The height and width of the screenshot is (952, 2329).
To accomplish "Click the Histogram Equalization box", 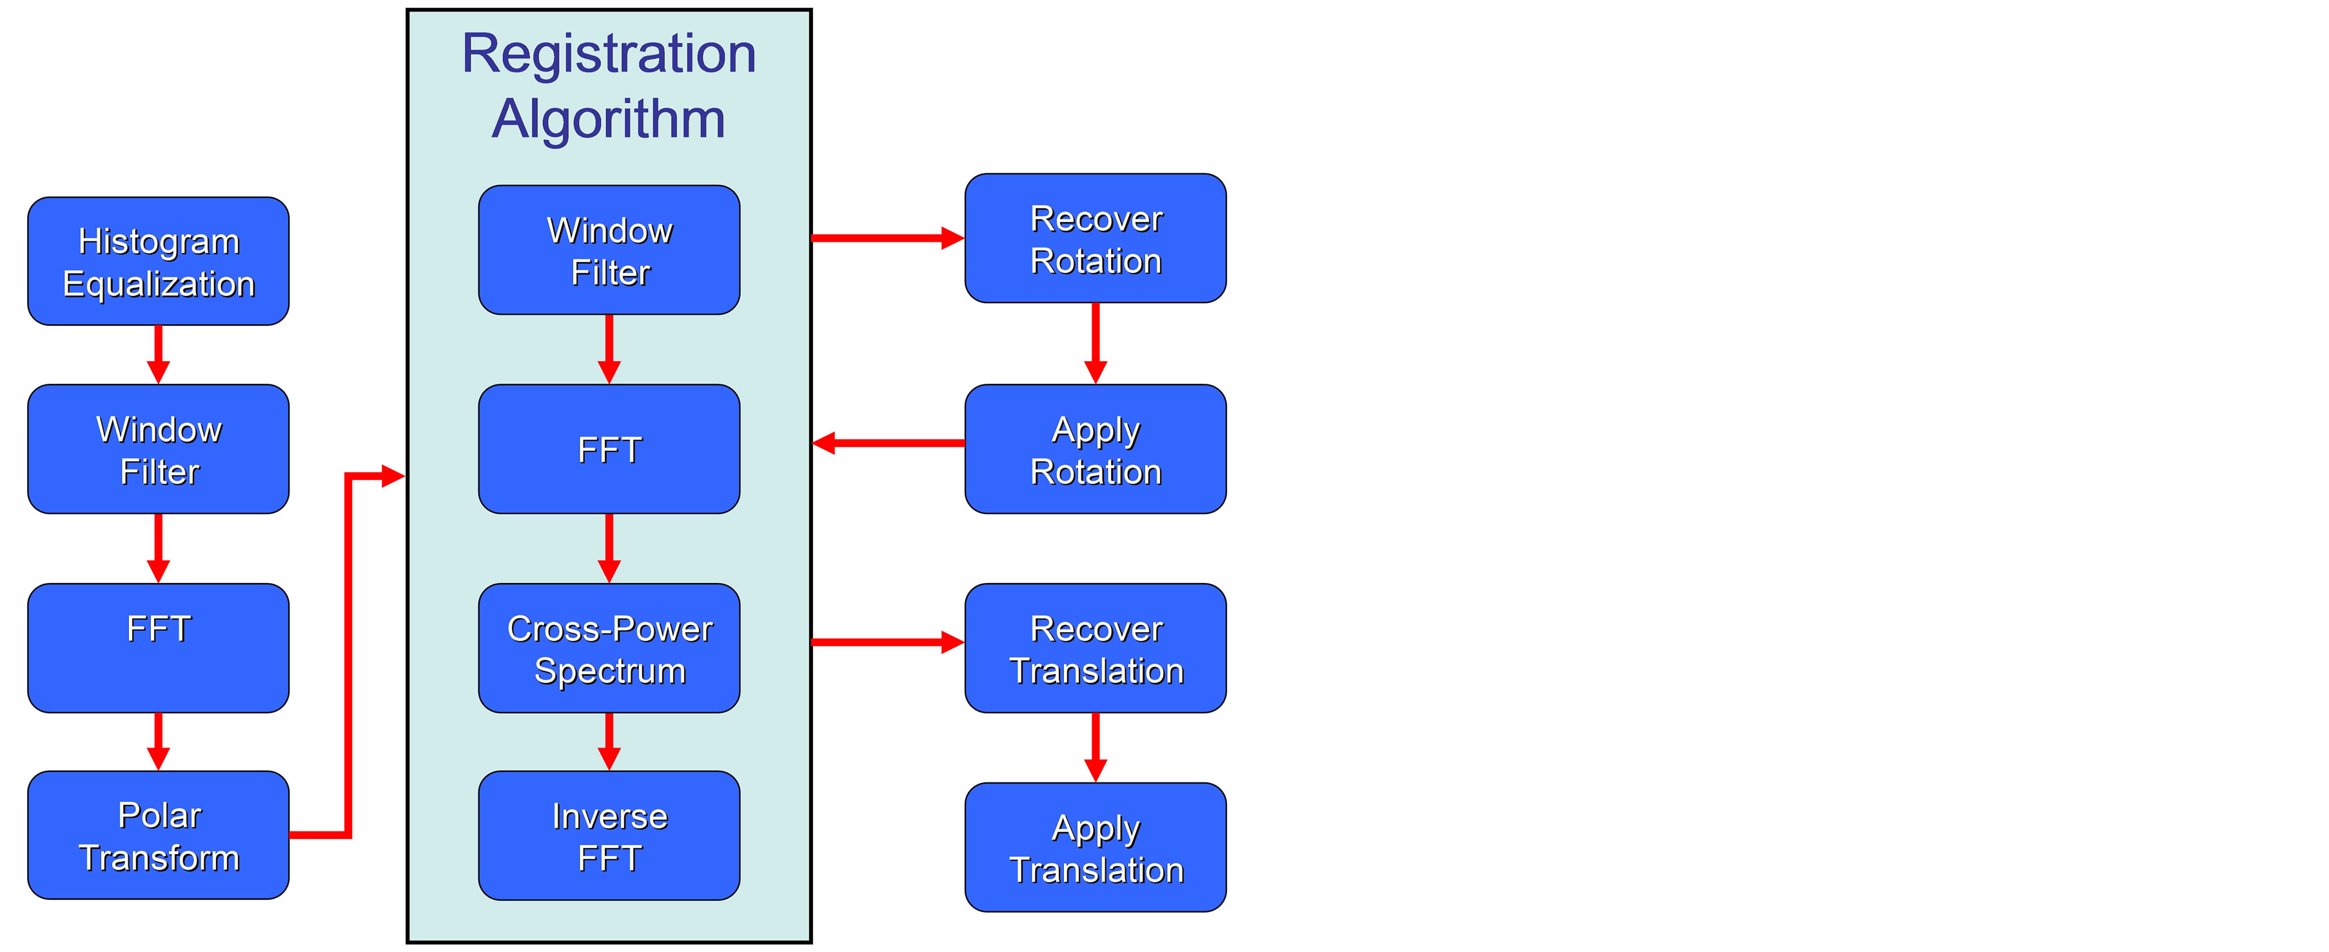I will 158,261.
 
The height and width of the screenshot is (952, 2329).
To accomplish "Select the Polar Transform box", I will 158,835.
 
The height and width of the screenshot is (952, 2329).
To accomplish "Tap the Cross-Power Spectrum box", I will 609,648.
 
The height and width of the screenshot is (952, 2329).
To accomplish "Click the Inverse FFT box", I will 609,835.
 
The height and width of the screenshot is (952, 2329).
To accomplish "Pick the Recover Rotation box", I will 1095,239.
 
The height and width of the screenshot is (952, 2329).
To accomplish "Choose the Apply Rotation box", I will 1095,450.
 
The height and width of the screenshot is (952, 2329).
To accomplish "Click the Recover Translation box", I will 1095,648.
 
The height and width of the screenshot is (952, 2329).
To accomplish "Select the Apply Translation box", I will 1095,847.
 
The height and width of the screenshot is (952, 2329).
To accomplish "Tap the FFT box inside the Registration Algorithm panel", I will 609,450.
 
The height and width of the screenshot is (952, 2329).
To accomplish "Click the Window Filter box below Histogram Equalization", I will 158,450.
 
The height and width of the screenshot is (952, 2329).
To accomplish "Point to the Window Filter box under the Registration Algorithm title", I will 609,250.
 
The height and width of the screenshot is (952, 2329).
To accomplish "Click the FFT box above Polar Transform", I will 158,648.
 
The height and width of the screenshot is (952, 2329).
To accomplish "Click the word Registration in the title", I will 609,54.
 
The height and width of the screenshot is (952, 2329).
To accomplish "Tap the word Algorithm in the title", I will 609,119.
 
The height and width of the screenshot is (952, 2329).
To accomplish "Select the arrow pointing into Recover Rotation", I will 886,238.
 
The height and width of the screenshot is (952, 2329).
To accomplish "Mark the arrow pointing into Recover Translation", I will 886,642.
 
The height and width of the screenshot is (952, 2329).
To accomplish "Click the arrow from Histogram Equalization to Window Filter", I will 158,354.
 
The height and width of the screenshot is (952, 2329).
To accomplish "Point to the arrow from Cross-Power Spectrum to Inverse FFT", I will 609,741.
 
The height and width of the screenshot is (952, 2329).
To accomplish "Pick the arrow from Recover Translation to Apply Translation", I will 1095,747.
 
